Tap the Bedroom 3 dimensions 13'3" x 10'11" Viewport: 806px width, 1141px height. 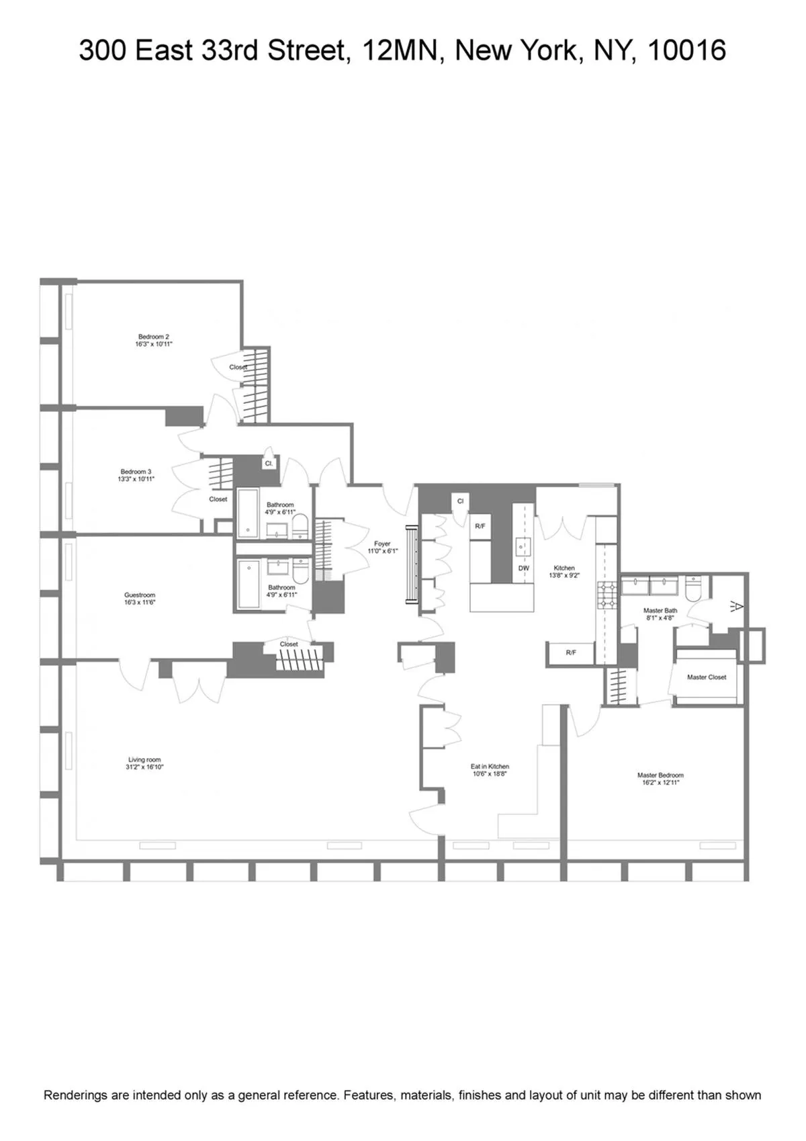point(136,480)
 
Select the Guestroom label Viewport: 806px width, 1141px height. point(140,595)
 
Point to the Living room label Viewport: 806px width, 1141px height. point(144,759)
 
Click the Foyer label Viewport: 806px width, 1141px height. point(382,544)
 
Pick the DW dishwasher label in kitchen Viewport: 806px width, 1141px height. point(524,568)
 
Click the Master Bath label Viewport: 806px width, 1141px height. point(660,610)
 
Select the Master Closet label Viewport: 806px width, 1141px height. point(707,677)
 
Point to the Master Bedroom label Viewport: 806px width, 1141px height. point(660,775)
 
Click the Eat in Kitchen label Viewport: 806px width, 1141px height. point(490,766)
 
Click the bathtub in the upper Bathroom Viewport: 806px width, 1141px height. point(249,513)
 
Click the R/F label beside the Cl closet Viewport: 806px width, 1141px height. point(480,526)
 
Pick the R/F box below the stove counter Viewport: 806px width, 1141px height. point(571,652)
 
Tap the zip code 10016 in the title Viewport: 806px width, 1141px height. point(686,50)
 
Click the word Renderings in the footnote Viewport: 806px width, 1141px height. point(75,1095)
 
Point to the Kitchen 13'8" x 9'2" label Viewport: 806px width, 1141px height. point(564,572)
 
